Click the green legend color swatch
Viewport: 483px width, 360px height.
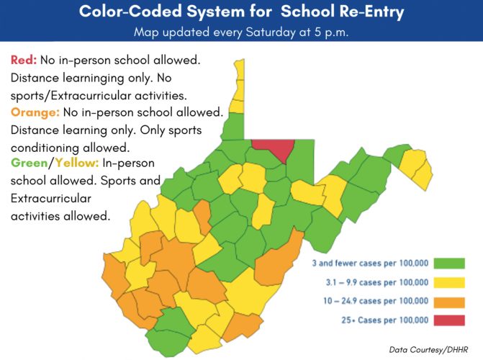click(x=450, y=264)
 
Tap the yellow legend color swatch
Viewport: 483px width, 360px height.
click(x=450, y=282)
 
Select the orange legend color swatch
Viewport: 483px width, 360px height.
click(x=450, y=300)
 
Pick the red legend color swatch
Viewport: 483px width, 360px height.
click(x=450, y=319)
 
